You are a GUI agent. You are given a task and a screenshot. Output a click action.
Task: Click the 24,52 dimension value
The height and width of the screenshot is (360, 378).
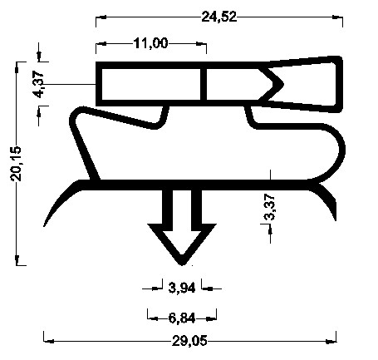click(x=218, y=16)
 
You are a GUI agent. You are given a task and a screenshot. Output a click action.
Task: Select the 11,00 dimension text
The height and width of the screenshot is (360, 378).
click(x=150, y=43)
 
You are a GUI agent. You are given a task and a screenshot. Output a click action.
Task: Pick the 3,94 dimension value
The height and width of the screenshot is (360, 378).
click(x=182, y=288)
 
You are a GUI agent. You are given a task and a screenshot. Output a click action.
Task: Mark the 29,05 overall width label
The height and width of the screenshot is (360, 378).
click(x=189, y=340)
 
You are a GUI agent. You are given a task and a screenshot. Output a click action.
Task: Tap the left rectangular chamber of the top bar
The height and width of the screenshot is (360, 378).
click(x=150, y=83)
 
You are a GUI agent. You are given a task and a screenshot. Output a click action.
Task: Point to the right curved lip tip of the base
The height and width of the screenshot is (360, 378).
click(x=336, y=215)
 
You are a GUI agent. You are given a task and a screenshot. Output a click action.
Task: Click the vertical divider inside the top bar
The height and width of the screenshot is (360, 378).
click(x=203, y=83)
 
